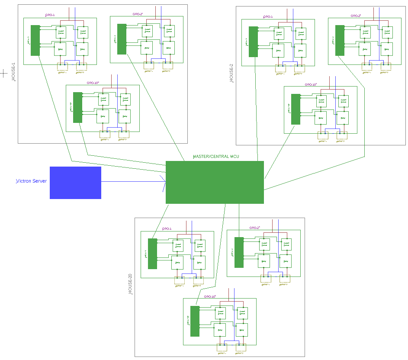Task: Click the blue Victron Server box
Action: pos(75,183)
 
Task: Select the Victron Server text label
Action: pos(31,181)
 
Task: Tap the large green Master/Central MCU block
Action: pos(215,182)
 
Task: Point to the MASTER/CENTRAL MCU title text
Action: pos(215,157)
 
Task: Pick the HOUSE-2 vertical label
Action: pos(231,74)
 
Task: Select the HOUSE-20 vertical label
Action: pos(130,285)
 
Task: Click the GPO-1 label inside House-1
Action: pos(50,15)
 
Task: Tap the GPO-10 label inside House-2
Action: pos(311,85)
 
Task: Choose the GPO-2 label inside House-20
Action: pos(254,228)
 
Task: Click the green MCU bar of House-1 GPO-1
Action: pos(35,40)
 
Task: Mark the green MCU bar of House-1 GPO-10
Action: pos(77,107)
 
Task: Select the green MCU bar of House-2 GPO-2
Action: pos(340,40)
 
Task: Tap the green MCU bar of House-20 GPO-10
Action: pos(195,321)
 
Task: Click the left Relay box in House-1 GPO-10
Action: pos(103,116)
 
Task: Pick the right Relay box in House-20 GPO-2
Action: pos(286,261)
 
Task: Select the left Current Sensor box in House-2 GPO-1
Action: pos(279,33)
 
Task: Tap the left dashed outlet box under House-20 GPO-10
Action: pos(222,347)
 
